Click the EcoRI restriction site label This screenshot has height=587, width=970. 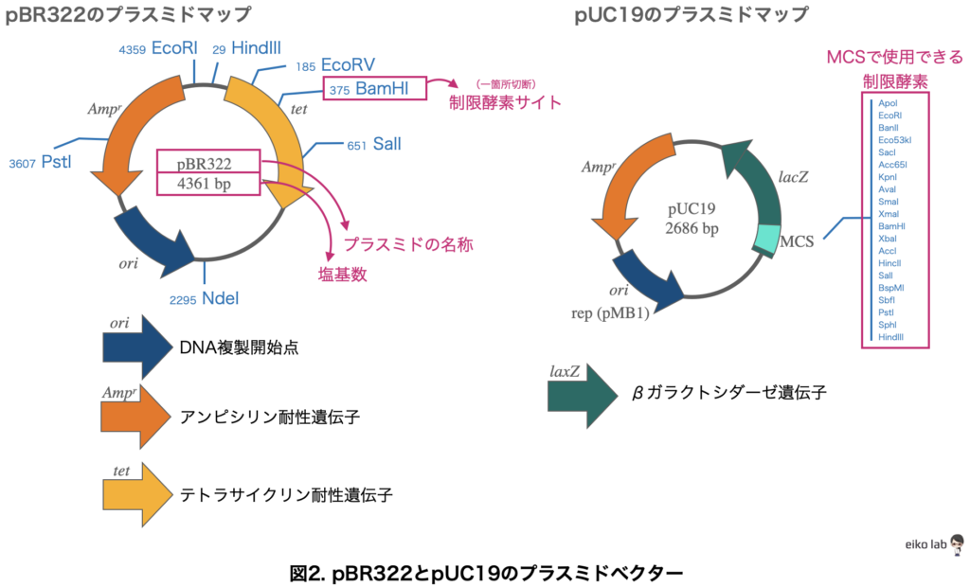(x=172, y=48)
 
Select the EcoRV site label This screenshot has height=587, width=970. (x=348, y=65)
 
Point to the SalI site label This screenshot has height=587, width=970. (x=386, y=145)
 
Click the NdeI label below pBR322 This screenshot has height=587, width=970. (x=220, y=299)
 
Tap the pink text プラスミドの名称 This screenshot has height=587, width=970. (x=408, y=244)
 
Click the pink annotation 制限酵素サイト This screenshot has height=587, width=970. (x=505, y=102)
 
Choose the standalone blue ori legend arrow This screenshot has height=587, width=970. (x=137, y=348)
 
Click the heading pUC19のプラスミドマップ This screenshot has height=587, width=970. (x=692, y=15)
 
